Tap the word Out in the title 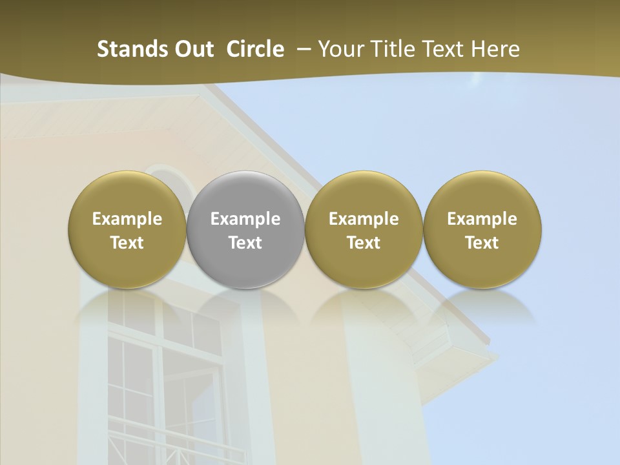pos(192,49)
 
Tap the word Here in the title pos(497,49)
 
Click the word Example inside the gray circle pos(245,219)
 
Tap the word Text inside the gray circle pos(245,243)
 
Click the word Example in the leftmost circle pos(127,219)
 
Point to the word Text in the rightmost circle pos(482,243)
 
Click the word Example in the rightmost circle pos(482,219)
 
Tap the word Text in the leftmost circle pos(127,243)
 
